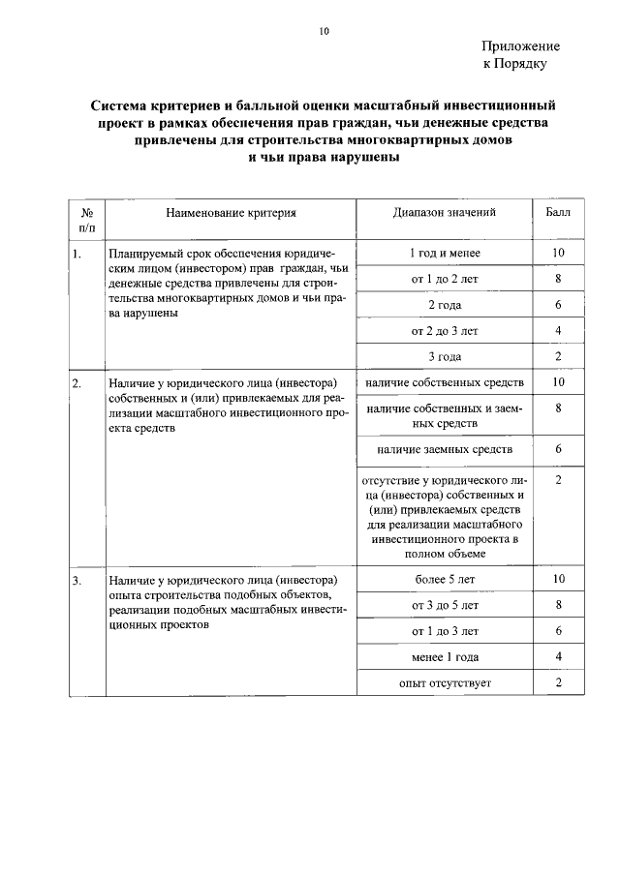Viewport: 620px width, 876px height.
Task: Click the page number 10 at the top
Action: (325, 31)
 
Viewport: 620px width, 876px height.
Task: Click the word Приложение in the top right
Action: (520, 45)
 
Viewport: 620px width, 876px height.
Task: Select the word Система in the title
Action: (122, 104)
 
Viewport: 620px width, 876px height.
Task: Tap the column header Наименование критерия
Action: (230, 212)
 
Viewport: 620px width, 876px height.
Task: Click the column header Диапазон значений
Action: (445, 212)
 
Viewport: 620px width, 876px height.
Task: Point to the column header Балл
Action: (558, 212)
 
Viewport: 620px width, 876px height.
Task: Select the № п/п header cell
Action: (86, 219)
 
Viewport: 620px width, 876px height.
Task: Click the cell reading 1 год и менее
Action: (445, 254)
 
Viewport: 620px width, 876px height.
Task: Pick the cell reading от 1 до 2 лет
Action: (445, 280)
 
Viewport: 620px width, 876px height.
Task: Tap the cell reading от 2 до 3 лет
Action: (445, 331)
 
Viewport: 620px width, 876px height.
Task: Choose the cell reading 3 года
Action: (445, 357)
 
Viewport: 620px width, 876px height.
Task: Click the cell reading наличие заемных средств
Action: (445, 450)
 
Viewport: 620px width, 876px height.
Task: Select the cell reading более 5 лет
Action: (445, 580)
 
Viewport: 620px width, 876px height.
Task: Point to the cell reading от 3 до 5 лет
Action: (445, 606)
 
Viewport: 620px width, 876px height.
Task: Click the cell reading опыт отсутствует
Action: (445, 683)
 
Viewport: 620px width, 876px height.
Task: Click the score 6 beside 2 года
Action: (559, 306)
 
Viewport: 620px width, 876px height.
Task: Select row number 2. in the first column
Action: (77, 384)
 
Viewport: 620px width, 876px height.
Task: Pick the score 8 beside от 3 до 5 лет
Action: (559, 606)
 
